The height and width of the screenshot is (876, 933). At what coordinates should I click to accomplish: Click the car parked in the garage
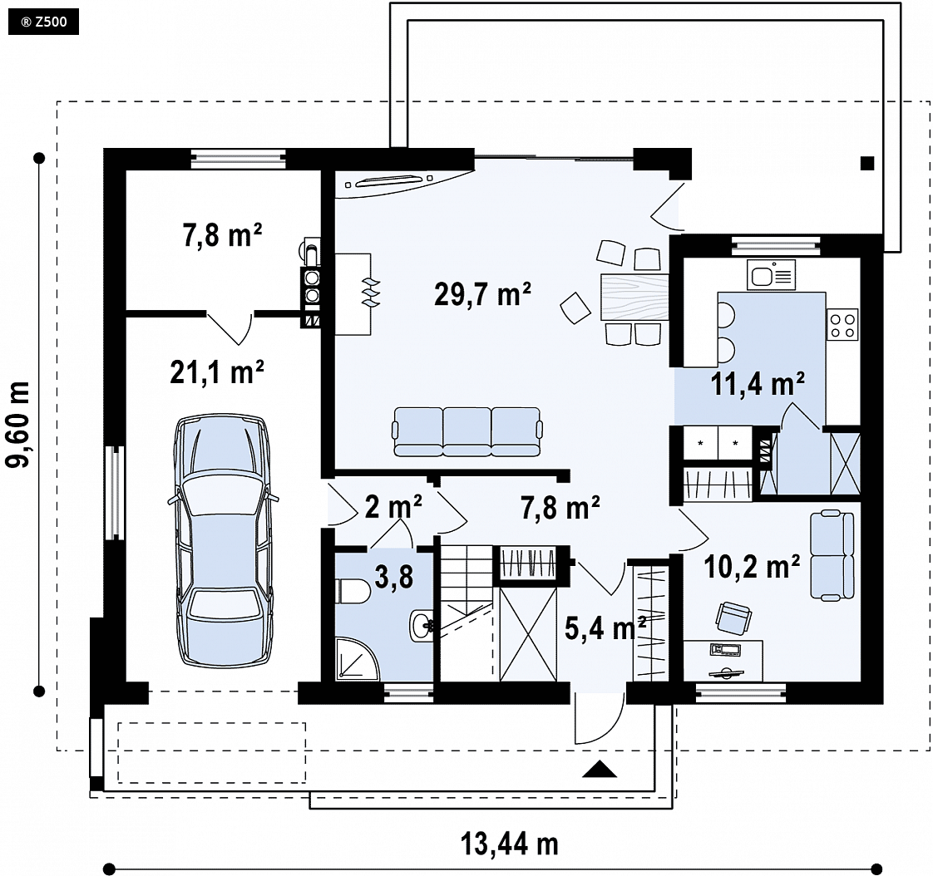[x=224, y=540]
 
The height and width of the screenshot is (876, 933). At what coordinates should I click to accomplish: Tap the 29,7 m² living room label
[x=482, y=294]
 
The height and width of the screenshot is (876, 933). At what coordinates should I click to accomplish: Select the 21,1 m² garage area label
[x=217, y=373]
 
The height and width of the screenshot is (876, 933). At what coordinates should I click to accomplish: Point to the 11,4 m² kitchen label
[x=758, y=384]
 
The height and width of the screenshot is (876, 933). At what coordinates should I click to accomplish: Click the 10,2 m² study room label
[x=752, y=567]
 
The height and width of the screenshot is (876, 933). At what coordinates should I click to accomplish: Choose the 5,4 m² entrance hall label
[x=605, y=628]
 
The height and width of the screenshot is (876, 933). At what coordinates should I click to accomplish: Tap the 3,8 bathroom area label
[x=394, y=577]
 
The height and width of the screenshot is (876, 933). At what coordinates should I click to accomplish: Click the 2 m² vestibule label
[x=393, y=507]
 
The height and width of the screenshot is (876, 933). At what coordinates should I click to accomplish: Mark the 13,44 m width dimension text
[x=510, y=844]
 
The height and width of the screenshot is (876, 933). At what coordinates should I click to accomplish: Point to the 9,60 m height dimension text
[x=17, y=425]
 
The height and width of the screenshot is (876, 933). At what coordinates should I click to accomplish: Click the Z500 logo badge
[x=43, y=22]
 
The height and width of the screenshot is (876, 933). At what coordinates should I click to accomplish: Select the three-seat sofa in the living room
[x=467, y=431]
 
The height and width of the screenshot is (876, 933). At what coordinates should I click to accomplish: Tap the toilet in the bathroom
[x=353, y=591]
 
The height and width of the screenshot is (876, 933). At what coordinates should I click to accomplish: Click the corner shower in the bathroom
[x=357, y=658]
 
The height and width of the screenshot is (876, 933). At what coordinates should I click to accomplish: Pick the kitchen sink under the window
[x=771, y=275]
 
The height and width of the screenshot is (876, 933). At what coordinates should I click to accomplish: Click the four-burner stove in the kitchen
[x=843, y=325]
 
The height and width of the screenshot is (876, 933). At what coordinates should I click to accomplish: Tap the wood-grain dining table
[x=634, y=296]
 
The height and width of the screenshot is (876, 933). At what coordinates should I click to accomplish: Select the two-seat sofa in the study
[x=832, y=555]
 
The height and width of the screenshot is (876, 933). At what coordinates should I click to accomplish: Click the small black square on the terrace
[x=867, y=164]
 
